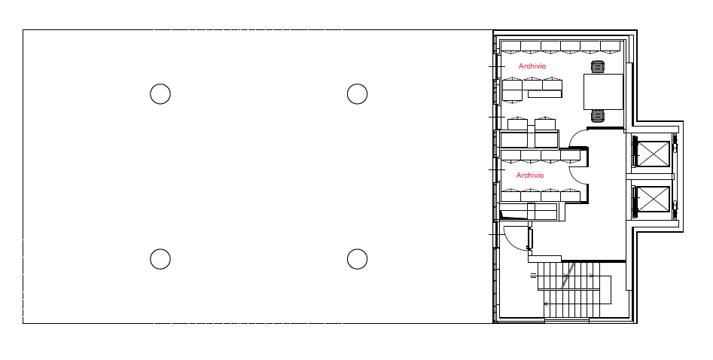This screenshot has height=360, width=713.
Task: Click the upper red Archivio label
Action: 532,66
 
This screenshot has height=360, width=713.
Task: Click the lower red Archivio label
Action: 530,175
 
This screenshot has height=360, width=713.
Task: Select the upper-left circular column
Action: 160,94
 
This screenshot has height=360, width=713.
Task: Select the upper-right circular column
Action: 358,94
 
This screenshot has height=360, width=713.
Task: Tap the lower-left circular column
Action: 160,259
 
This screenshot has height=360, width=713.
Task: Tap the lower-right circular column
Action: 358,259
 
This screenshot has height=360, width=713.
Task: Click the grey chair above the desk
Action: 598,67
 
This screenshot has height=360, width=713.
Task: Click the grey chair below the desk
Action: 598,116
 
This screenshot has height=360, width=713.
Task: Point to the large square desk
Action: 603,91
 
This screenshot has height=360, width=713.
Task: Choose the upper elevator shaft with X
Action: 654,154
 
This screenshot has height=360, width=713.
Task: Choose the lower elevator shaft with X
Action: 654,199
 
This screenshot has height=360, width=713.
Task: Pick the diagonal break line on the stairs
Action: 568,275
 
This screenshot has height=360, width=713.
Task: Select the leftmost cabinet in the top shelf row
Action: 510,47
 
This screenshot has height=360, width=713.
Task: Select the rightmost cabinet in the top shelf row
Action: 611,47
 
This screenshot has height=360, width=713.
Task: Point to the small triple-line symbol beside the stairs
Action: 533,276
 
